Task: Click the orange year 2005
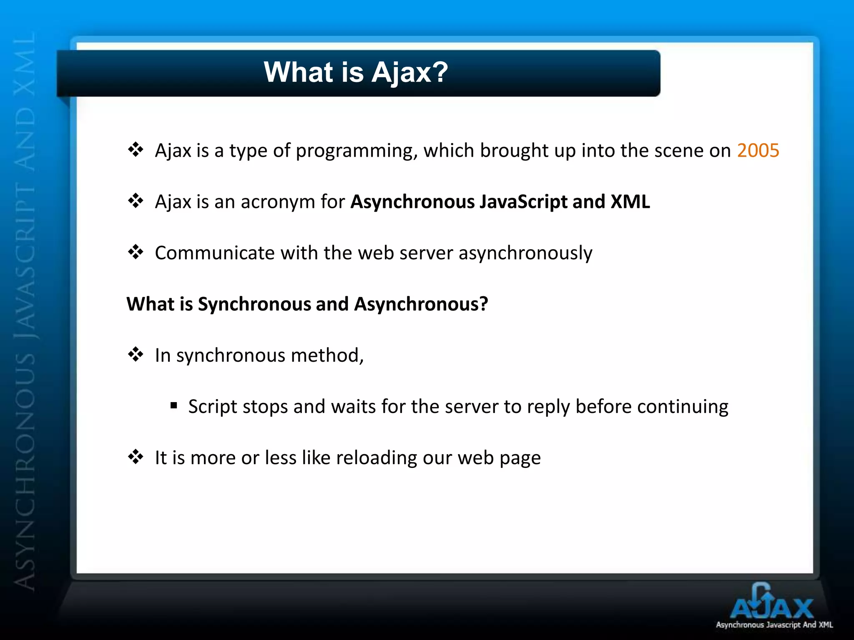(x=758, y=150)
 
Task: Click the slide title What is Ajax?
(x=356, y=72)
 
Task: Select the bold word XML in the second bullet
(x=630, y=202)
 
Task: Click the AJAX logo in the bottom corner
(x=771, y=604)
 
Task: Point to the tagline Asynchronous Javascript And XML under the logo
(x=774, y=625)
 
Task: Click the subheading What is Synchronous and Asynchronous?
(x=307, y=304)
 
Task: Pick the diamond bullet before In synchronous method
(x=136, y=355)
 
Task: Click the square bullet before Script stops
(x=174, y=405)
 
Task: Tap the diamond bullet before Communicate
(x=136, y=252)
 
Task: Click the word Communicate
(x=214, y=253)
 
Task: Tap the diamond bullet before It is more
(x=136, y=457)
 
